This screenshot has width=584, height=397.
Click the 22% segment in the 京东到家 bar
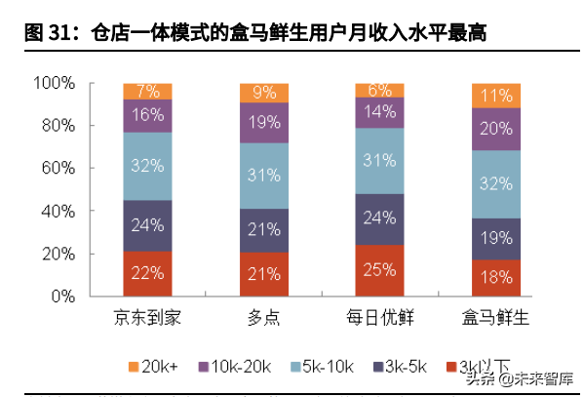147,273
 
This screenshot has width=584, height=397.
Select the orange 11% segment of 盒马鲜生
496,96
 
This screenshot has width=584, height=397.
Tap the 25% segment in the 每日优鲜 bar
380,269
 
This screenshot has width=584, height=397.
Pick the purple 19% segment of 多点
263,123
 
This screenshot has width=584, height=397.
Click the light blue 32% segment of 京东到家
147,166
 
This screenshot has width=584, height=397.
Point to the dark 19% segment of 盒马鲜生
496,238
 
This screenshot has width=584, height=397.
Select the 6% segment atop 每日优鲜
380,91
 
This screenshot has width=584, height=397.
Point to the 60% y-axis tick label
58,168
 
